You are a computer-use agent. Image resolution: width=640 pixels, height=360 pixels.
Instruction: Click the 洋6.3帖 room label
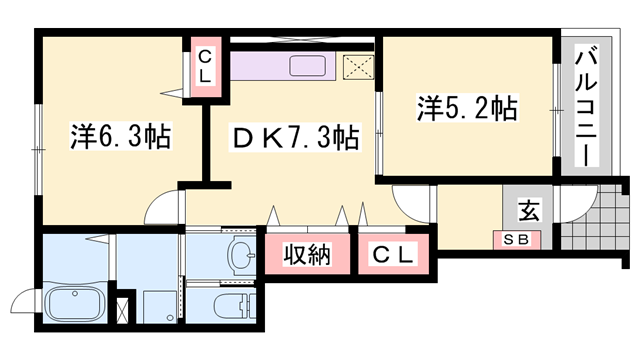point(121,136)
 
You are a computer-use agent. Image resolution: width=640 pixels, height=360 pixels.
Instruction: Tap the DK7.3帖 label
point(295,137)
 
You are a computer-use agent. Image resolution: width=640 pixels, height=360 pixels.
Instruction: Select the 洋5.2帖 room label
point(467,108)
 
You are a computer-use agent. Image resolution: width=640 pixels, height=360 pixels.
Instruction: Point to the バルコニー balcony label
point(586,107)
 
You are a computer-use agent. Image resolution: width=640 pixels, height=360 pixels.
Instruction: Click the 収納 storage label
point(307,255)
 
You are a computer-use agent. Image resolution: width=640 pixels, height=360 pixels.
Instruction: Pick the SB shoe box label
point(516,239)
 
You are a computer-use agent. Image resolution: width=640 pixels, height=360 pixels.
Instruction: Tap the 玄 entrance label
point(529,210)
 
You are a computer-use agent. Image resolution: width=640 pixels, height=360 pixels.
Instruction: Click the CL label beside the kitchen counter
point(205,67)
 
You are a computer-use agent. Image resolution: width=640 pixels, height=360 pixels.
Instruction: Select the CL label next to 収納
point(393,255)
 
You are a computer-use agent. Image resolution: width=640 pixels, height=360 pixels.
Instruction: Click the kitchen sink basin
point(308,66)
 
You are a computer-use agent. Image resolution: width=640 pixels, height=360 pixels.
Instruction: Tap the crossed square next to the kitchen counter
point(358,67)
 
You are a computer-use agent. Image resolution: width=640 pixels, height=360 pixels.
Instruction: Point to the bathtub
point(74,304)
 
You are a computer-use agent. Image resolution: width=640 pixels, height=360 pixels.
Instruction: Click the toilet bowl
point(233,305)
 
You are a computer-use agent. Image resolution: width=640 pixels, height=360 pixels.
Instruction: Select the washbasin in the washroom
point(241,256)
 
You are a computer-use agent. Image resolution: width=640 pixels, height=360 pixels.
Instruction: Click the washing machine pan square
point(161,307)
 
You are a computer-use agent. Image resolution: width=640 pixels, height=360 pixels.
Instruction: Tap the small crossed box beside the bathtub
point(122,311)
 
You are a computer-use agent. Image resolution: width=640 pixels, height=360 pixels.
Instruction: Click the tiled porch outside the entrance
point(594,217)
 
